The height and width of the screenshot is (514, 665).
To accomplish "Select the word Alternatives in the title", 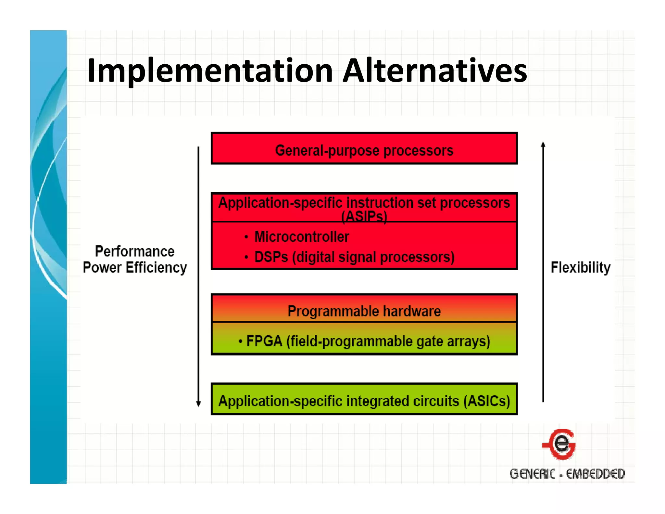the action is pyautogui.click(x=435, y=71).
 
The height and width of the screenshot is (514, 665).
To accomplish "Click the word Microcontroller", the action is pyautogui.click(x=302, y=237).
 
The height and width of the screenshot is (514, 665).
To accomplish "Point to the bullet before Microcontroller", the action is pyautogui.click(x=246, y=237).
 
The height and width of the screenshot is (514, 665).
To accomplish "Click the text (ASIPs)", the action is pyautogui.click(x=364, y=217).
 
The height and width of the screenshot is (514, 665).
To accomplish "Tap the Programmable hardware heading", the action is pyautogui.click(x=364, y=311).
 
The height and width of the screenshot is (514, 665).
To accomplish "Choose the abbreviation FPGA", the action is pyautogui.click(x=264, y=341).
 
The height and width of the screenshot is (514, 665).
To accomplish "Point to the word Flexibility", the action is pyautogui.click(x=581, y=267).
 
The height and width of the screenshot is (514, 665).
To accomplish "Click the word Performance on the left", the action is pyautogui.click(x=134, y=251).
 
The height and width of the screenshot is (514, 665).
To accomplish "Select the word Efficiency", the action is pyautogui.click(x=156, y=268).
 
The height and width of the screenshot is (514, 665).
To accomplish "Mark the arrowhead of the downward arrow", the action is pyautogui.click(x=198, y=404).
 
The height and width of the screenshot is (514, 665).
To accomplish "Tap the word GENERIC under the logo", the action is pyautogui.click(x=532, y=474).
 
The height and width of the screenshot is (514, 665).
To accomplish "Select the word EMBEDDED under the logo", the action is pyautogui.click(x=596, y=474).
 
